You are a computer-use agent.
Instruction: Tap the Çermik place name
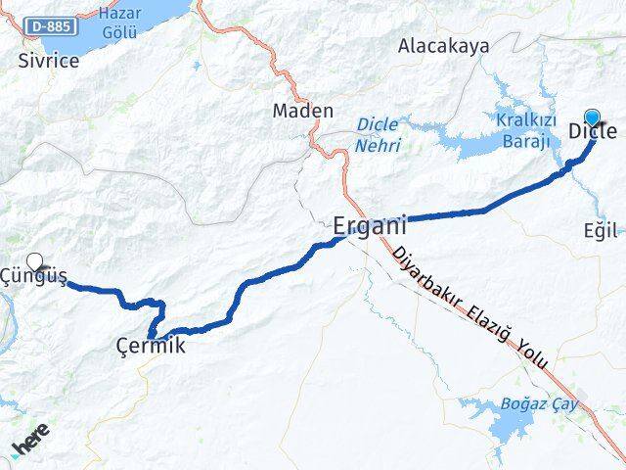[x=150, y=346]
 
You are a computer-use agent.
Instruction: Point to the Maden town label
[x=303, y=112]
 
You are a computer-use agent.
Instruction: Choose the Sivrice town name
[x=49, y=60]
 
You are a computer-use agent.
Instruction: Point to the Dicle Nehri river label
[x=378, y=133]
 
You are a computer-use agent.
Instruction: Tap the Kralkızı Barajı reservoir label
[x=526, y=128]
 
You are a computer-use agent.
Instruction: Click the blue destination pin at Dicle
[x=592, y=117]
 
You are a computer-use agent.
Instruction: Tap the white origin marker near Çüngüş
[x=35, y=261]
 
